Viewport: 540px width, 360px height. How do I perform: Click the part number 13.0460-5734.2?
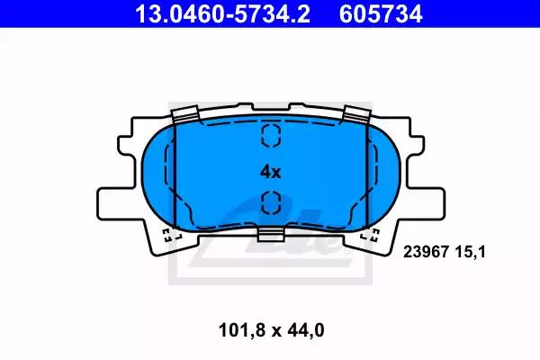coord(222,13)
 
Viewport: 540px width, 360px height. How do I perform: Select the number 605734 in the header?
coord(381,13)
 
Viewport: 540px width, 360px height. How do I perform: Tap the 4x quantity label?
coord(271,172)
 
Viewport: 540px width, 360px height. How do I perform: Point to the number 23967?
coord(426,252)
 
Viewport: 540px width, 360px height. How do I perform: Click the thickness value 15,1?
coord(471,253)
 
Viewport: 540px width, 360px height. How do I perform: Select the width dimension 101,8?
coord(242,330)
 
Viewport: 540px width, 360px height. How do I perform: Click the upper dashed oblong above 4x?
coord(271,135)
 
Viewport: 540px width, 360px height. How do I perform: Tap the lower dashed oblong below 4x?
coord(271,202)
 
